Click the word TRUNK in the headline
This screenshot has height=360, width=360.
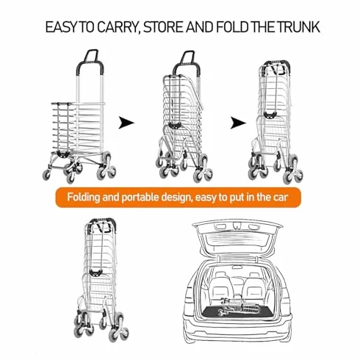(x=298, y=27)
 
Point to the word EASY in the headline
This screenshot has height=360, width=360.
(x=61, y=27)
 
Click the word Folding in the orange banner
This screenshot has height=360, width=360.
(x=84, y=198)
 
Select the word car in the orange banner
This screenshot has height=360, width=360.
(x=281, y=198)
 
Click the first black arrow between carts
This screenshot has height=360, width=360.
(x=126, y=123)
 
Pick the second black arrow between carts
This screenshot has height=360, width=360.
(x=238, y=123)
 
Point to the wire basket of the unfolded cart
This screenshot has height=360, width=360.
(x=78, y=127)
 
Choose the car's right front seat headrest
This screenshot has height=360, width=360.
(x=253, y=275)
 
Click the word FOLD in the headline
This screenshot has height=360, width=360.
(x=232, y=27)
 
